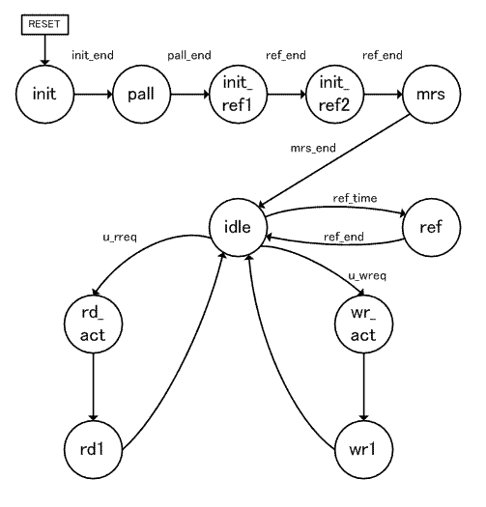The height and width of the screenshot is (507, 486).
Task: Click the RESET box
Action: pyautogui.click(x=45, y=24)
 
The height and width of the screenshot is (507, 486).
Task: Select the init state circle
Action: pyautogui.click(x=45, y=94)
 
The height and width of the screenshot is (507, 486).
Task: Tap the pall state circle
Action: pyautogui.click(x=141, y=94)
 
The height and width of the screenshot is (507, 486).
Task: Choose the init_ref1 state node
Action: pyautogui.click(x=238, y=94)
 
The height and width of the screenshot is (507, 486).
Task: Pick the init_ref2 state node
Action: pyautogui.click(x=334, y=94)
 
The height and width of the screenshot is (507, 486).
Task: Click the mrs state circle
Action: pyautogui.click(x=431, y=94)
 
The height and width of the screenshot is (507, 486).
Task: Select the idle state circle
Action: pyautogui.click(x=238, y=227)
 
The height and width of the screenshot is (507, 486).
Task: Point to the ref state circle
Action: pyautogui.click(x=431, y=227)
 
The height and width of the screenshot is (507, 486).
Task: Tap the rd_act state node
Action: pyautogui.click(x=93, y=324)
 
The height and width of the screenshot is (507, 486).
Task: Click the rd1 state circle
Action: pyautogui.click(x=93, y=449)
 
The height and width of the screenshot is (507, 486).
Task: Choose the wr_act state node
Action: pyautogui.click(x=363, y=324)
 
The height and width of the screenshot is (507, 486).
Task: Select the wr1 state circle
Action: pyautogui.click(x=363, y=449)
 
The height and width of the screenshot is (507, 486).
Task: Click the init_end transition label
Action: pyautogui.click(x=93, y=55)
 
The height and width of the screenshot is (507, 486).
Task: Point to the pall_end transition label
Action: pyautogui.click(x=189, y=56)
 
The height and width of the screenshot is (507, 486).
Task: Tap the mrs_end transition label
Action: pyautogui.click(x=313, y=148)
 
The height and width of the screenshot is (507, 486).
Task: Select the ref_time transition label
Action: pyautogui.click(x=355, y=198)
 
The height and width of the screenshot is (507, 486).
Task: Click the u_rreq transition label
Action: pyautogui.click(x=120, y=238)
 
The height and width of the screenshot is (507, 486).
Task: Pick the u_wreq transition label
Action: pyautogui.click(x=367, y=276)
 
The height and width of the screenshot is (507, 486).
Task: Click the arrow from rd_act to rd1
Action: pyautogui.click(x=93, y=386)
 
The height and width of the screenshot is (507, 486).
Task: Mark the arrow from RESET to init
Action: pyautogui.click(x=45, y=50)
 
